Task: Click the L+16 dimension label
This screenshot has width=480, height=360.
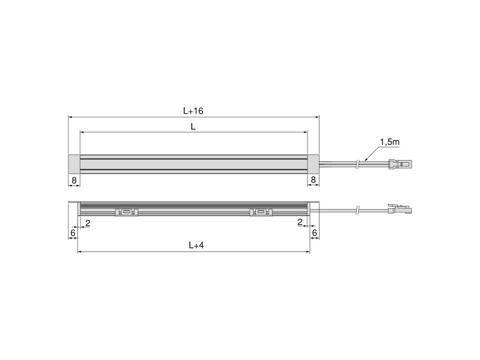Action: tap(193, 111)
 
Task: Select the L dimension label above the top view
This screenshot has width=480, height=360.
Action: tap(193, 127)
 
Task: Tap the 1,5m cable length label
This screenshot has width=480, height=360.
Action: tap(389, 142)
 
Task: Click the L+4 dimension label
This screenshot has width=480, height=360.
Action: tap(196, 245)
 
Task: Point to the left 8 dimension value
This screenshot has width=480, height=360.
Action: tap(74, 180)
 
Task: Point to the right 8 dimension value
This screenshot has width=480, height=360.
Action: tap(313, 180)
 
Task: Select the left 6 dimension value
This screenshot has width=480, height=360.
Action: tap(73, 232)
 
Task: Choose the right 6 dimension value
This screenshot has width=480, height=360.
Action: tap(314, 232)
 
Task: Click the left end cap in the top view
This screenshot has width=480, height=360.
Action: tap(74, 164)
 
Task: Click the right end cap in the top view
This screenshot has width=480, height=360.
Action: tap(313, 164)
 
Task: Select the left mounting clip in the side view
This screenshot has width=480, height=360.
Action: tap(127, 213)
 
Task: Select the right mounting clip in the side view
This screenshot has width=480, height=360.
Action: tap(260, 213)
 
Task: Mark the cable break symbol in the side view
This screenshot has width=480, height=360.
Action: tap(358, 210)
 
